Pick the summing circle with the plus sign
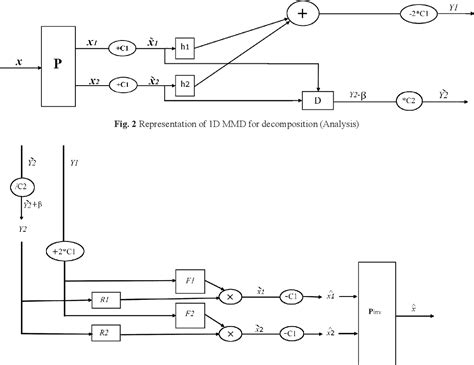pos(302,13)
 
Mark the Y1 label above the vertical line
pos(74,160)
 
